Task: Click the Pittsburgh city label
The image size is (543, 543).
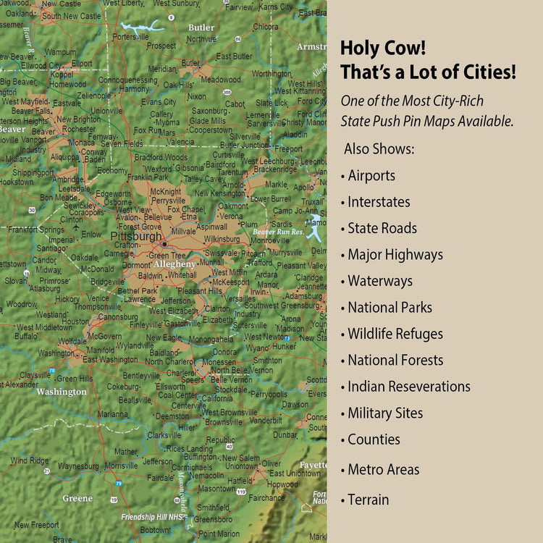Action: pos(136,236)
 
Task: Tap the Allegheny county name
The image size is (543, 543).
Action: pos(174,264)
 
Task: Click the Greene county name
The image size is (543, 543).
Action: pos(77,498)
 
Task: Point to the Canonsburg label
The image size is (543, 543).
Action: pos(117,316)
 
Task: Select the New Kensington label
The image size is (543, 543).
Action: pos(220,193)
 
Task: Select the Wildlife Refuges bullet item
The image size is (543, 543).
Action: pos(395,334)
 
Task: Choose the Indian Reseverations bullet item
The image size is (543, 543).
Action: pos(408,387)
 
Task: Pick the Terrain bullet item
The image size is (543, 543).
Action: pos(368,500)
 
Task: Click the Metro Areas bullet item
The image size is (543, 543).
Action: pos(383,469)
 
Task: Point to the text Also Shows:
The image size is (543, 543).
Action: pos(379,148)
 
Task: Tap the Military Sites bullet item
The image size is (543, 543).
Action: pos(385,413)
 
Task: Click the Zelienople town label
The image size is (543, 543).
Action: pos(94,96)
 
